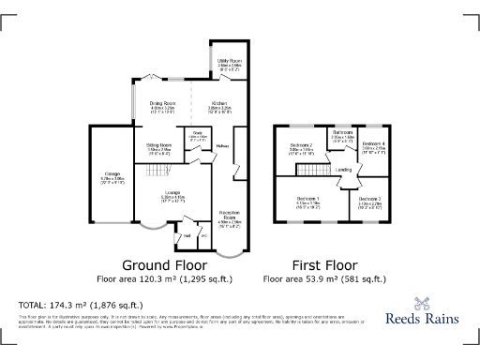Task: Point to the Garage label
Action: pyautogui.click(x=111, y=175)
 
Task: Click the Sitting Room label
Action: pyautogui.click(x=158, y=145)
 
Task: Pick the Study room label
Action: pyautogui.click(x=198, y=134)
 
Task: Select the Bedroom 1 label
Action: pyautogui.click(x=308, y=200)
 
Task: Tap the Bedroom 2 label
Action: pyautogui.click(x=301, y=145)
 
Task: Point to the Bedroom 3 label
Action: pyautogui.click(x=369, y=200)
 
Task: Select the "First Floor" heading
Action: pyautogui.click(x=323, y=265)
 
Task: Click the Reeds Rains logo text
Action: pyautogui.click(x=423, y=318)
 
